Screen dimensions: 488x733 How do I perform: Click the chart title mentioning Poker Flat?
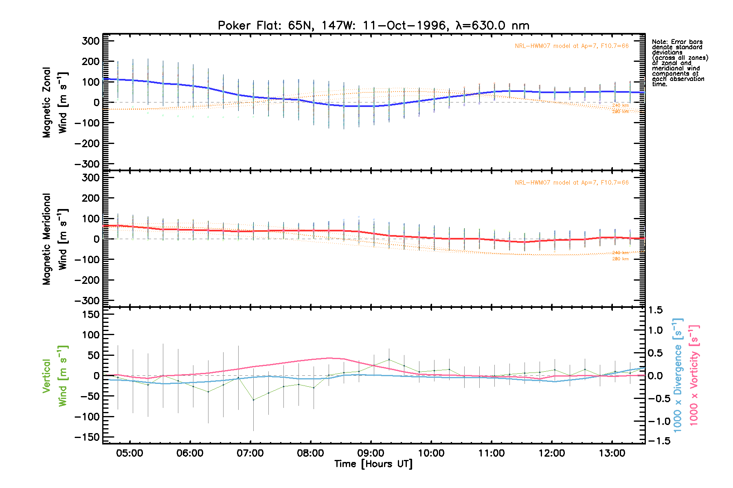click(373, 26)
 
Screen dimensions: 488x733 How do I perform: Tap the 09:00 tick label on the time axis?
click(371, 453)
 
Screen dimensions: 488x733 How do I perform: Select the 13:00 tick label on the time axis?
click(612, 453)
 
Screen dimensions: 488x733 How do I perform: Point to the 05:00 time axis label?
click(129, 453)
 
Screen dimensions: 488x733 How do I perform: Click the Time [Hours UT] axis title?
click(373, 464)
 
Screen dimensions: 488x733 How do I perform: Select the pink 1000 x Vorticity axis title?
click(694, 375)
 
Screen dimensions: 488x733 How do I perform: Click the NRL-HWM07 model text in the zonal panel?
click(571, 46)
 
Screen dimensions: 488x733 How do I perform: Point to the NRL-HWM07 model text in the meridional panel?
click(571, 183)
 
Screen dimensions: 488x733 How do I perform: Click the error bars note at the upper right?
click(679, 63)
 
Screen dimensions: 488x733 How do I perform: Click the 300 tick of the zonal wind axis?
click(90, 41)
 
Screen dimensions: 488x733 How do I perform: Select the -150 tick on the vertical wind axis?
click(87, 437)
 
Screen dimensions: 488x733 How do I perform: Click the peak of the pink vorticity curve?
click(329, 358)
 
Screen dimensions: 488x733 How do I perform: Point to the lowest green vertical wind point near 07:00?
click(253, 400)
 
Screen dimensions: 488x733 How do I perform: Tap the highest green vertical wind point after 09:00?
click(389, 359)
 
